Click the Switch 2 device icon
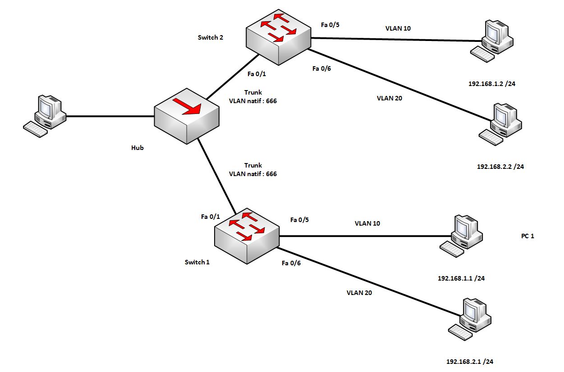tap(279, 39)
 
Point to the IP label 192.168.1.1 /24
tap(461, 278)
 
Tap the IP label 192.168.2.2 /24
tap(500, 166)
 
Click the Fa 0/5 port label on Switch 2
tap(330, 25)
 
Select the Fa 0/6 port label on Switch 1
tap(291, 263)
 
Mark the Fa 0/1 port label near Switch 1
tap(210, 217)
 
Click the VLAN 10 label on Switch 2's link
tap(398, 28)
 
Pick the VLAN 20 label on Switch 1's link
tap(359, 292)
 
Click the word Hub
tap(137, 147)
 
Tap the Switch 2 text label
tap(210, 37)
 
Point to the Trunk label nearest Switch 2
tap(252, 92)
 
